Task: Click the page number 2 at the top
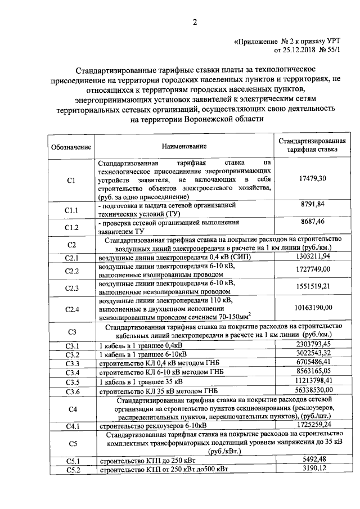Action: click(195, 22)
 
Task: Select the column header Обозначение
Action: click(71, 147)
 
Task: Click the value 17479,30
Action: click(313, 178)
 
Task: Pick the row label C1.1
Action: click(71, 210)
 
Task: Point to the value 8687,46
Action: click(313, 222)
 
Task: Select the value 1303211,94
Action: click(313, 256)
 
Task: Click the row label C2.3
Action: click(71, 288)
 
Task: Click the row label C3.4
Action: click(71, 372)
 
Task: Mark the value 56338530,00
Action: click(313, 390)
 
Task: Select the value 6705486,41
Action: click(313, 363)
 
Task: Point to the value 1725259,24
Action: click(313, 425)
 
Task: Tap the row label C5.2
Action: click(71, 470)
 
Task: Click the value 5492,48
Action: click(313, 460)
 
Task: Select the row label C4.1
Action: click(71, 426)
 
